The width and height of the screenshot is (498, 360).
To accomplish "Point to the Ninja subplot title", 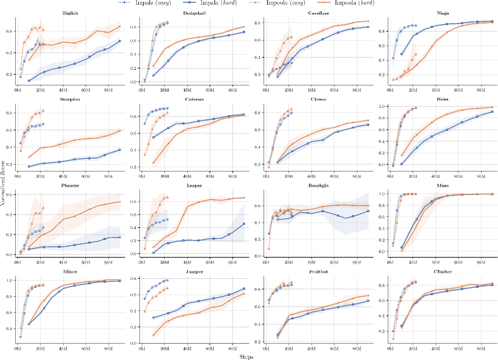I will point(442,12).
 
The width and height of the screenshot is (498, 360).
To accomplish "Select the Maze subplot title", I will point(442,186).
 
